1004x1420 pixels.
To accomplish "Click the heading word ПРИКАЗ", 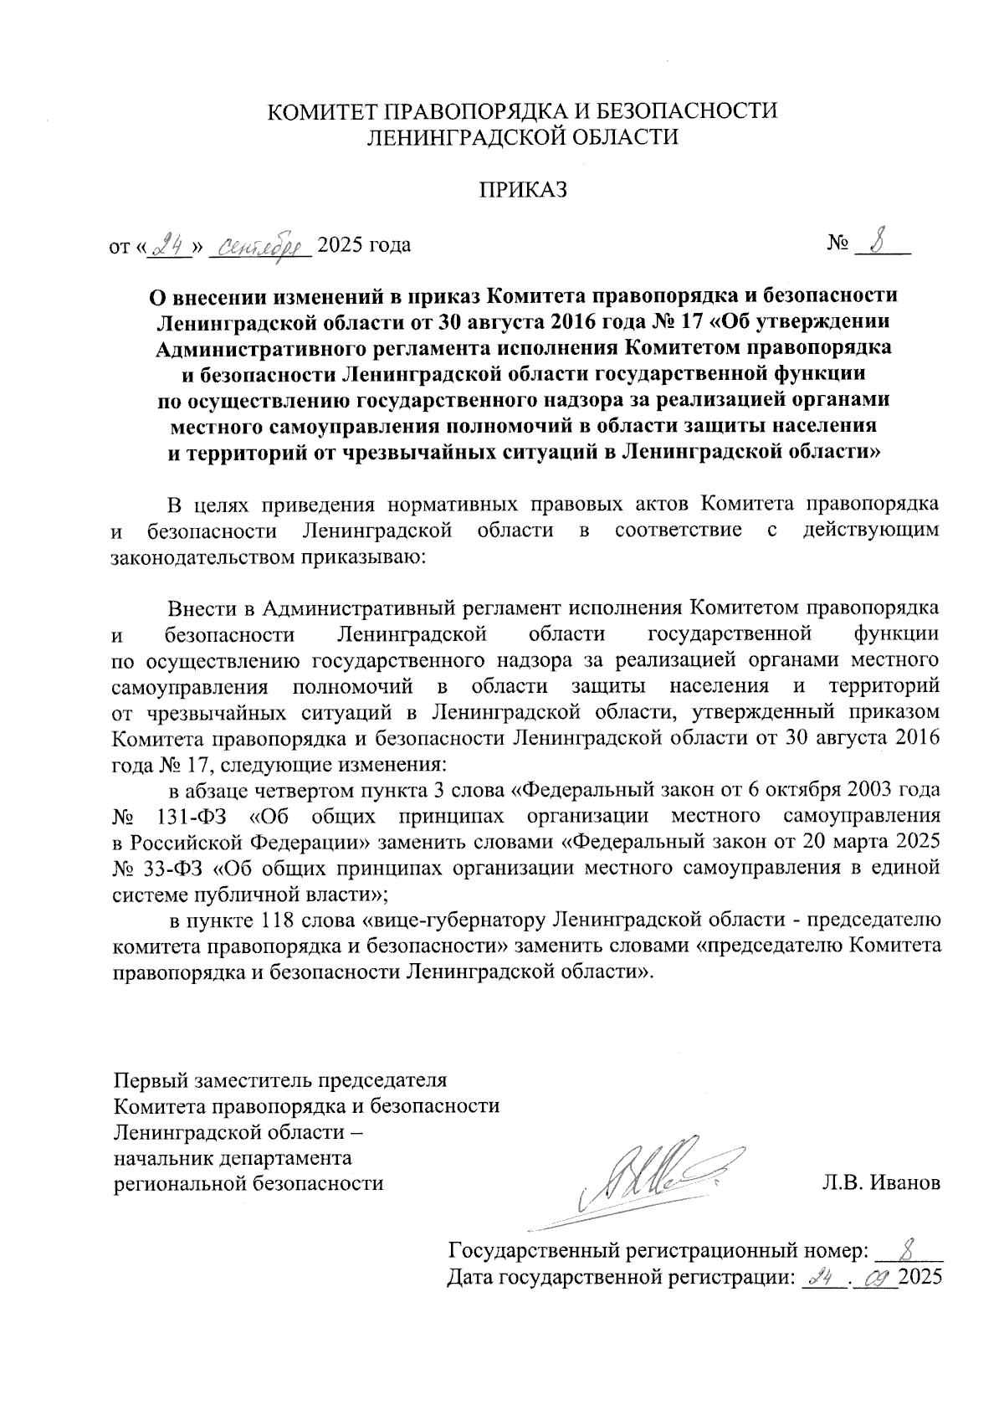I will (523, 190).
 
